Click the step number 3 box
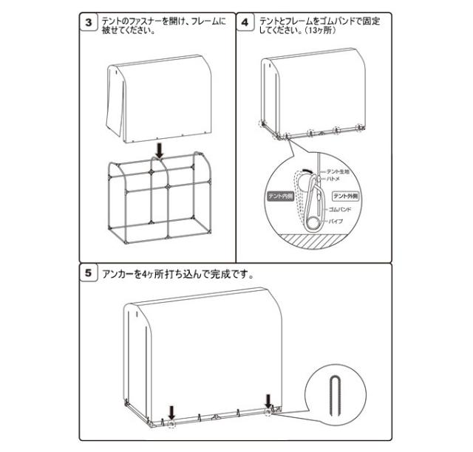[x=89, y=21]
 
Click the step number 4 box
[x=245, y=21]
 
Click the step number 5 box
[x=89, y=273]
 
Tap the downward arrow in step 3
[x=158, y=151]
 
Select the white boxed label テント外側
[x=345, y=196]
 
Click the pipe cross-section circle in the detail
[x=314, y=221]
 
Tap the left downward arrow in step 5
[x=172, y=411]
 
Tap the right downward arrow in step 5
[x=269, y=400]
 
